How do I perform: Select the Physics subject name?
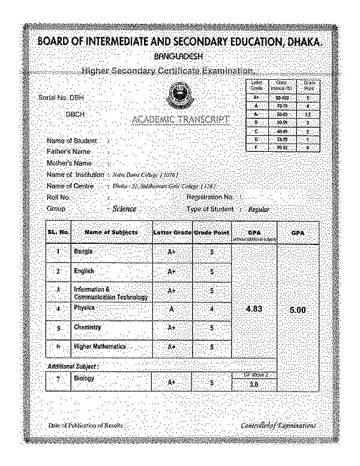tap(84, 307)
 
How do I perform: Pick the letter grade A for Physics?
tap(172, 309)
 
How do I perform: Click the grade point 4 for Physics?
tap(212, 309)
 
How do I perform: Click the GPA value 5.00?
tap(298, 310)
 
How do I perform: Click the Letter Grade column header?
tap(172, 232)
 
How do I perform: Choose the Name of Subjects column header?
tap(111, 232)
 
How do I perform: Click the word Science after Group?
tap(124, 209)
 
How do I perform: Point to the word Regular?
tap(259, 210)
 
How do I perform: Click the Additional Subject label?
tap(73, 365)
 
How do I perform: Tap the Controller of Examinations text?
tap(278, 426)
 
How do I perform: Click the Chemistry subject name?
tap(87, 327)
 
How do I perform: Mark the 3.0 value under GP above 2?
tap(253, 385)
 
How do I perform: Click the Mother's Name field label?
tap(69, 163)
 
